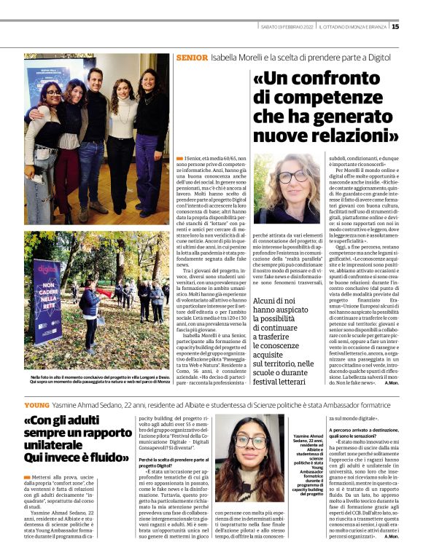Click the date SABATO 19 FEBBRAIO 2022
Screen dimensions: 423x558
pos(288,27)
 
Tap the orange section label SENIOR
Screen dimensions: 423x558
pos(192,57)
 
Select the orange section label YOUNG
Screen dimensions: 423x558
pos(36,404)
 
